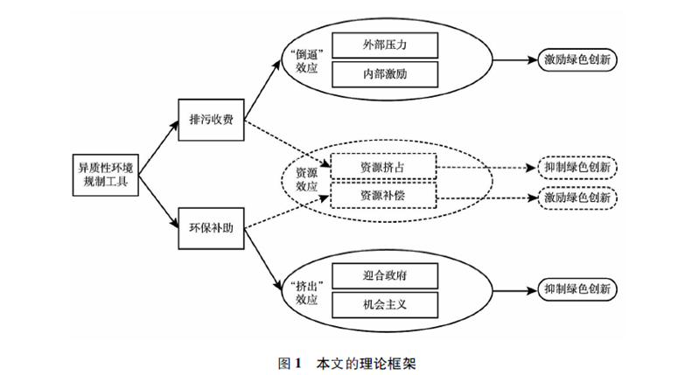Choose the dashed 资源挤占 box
click(382, 165)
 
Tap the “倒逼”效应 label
click(301, 59)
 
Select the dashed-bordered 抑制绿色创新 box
click(577, 166)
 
